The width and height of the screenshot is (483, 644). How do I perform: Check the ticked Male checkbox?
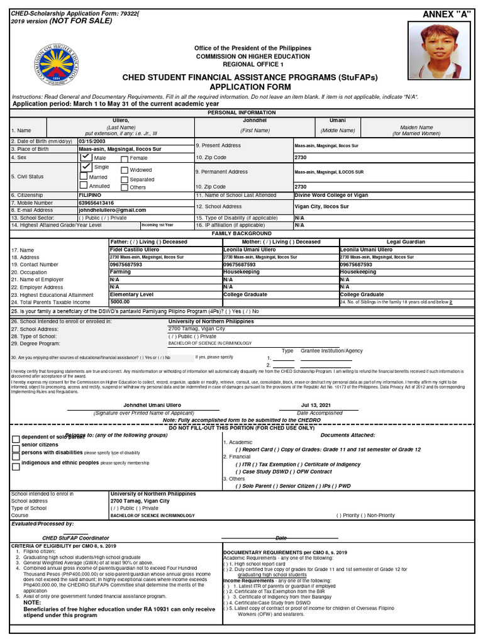click(x=86, y=157)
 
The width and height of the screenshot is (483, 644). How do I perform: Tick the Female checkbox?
click(x=125, y=158)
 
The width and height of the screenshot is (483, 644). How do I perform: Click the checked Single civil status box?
click(x=86, y=168)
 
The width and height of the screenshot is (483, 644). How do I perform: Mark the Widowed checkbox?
click(x=125, y=170)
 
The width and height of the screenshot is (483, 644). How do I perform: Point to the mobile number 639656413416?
click(x=96, y=203)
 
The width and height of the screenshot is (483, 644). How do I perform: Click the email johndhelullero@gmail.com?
click(x=112, y=210)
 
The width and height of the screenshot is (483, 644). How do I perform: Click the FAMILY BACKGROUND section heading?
click(x=241, y=233)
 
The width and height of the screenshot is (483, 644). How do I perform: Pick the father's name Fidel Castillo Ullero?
click(x=135, y=250)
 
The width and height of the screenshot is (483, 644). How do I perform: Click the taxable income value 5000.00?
click(x=120, y=302)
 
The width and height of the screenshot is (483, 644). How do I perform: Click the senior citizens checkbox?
click(x=16, y=446)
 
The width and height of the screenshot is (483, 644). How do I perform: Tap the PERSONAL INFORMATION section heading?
click(x=241, y=112)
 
